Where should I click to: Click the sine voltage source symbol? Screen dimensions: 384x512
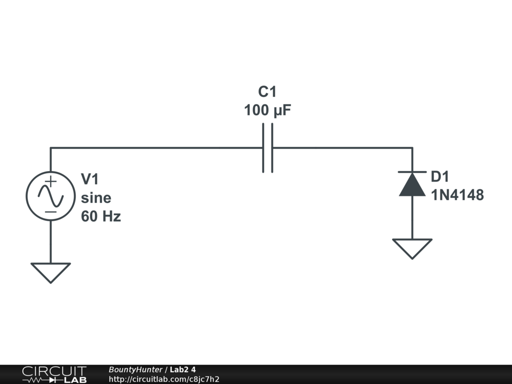tap(50, 196)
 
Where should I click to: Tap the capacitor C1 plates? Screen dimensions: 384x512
tap(267, 148)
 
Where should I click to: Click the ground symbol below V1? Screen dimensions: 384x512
tap(50, 271)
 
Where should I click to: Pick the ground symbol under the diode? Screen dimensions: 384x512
tap(412, 247)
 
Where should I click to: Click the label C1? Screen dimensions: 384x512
tap(267, 92)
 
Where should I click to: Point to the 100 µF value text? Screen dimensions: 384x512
tap(267, 110)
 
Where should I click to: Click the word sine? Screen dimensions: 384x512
tap(96, 198)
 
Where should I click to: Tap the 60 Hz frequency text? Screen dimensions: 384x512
tap(101, 217)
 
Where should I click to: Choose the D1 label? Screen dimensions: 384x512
tap(440, 176)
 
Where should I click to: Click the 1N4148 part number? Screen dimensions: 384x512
tap(457, 195)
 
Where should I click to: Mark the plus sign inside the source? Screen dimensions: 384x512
tap(50, 181)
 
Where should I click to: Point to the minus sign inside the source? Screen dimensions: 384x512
tap(50, 211)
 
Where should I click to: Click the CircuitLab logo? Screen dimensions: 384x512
tap(54, 374)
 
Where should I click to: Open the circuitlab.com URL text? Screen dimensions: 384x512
tap(164, 379)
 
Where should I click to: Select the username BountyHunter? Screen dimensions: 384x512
tap(135, 370)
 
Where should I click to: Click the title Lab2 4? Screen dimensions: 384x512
tap(183, 370)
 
